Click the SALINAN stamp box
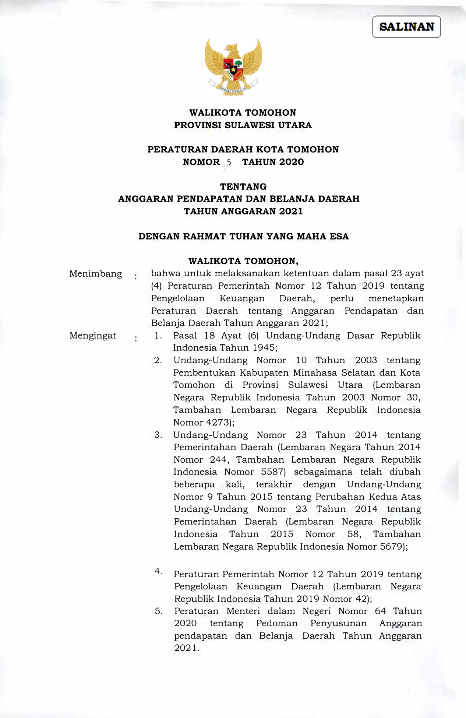(x=406, y=27)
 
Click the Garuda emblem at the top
(x=233, y=67)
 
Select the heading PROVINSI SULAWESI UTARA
(x=243, y=125)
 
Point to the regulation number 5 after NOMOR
(x=229, y=162)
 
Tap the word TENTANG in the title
(x=243, y=186)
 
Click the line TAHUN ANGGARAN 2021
(x=243, y=211)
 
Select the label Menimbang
(x=96, y=274)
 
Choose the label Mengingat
(x=93, y=336)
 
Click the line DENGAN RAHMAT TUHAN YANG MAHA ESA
(x=243, y=237)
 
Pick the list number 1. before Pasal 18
(x=158, y=336)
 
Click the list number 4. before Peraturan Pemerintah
(x=159, y=572)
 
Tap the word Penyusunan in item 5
(x=339, y=624)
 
